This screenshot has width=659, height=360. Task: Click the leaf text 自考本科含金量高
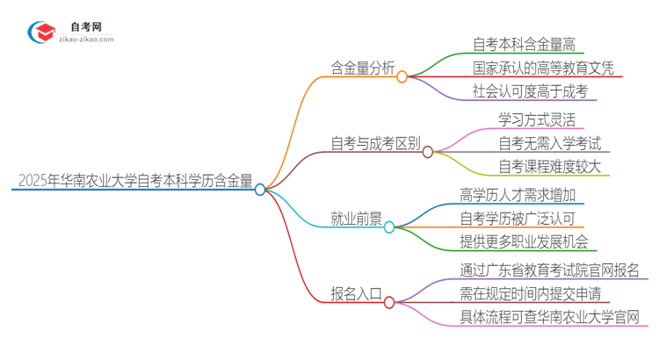pyautogui.click(x=523, y=43)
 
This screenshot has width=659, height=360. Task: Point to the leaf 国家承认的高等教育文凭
pyautogui.click(x=542, y=67)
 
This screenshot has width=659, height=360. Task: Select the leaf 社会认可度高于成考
pyautogui.click(x=529, y=91)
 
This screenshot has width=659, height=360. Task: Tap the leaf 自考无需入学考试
pyautogui.click(x=541, y=142)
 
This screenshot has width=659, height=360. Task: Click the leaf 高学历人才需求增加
pyautogui.click(x=517, y=193)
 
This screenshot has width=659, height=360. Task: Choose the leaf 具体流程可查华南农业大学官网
pyautogui.click(x=548, y=317)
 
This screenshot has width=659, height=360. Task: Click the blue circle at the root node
pyautogui.click(x=260, y=189)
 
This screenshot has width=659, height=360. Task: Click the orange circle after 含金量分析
pyautogui.click(x=402, y=76)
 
